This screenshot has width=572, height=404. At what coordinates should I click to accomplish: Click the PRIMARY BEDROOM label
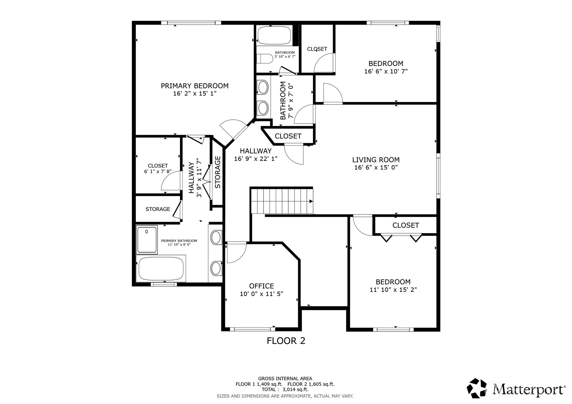click(194, 86)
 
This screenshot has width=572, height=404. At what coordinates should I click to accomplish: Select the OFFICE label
click(261, 286)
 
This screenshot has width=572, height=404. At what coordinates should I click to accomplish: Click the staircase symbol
click(282, 201)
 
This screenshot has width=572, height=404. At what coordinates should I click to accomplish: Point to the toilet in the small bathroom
click(265, 58)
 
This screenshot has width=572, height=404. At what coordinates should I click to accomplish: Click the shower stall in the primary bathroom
click(147, 239)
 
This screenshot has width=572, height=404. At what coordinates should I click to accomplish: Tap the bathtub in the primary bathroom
click(161, 269)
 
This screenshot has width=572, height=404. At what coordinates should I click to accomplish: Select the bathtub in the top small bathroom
click(274, 35)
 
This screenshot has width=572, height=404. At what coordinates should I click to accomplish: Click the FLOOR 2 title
click(286, 341)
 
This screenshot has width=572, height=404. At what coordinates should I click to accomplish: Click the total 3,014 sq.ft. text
click(285, 390)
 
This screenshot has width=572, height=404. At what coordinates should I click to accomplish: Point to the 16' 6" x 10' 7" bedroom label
click(386, 67)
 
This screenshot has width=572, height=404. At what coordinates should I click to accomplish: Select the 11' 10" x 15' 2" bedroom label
click(393, 286)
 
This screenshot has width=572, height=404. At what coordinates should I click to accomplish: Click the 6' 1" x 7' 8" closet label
click(158, 168)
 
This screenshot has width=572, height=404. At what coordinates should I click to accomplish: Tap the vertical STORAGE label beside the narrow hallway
click(218, 172)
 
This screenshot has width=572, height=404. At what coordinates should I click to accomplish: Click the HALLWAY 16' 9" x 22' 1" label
click(256, 155)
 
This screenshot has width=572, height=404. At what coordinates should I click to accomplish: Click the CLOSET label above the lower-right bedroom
click(405, 225)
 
